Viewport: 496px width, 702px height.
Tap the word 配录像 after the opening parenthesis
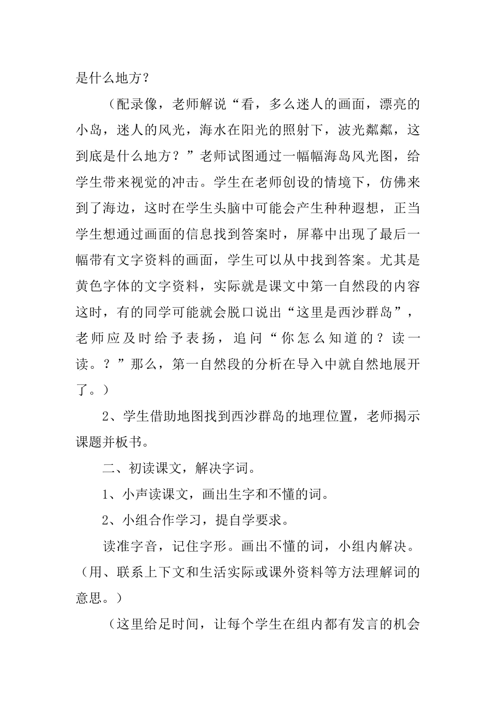(x=137, y=104)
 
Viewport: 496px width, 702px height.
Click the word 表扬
(x=200, y=338)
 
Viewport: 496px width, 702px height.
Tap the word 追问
(x=249, y=338)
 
